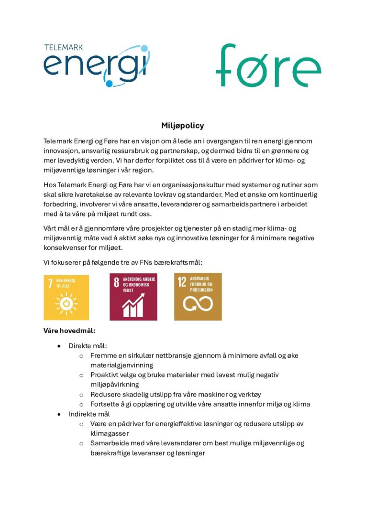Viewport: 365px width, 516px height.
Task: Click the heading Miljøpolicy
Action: [182, 126]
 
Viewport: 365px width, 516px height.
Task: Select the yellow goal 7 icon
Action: [66, 296]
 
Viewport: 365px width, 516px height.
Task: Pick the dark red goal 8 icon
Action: [133, 296]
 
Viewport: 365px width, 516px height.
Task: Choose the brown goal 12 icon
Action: [198, 296]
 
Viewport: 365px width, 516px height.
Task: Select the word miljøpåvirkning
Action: [115, 384]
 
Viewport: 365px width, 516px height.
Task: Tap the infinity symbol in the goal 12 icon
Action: [198, 303]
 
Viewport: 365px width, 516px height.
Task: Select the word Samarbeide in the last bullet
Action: [108, 443]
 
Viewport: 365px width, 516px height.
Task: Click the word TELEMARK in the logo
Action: [64, 48]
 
